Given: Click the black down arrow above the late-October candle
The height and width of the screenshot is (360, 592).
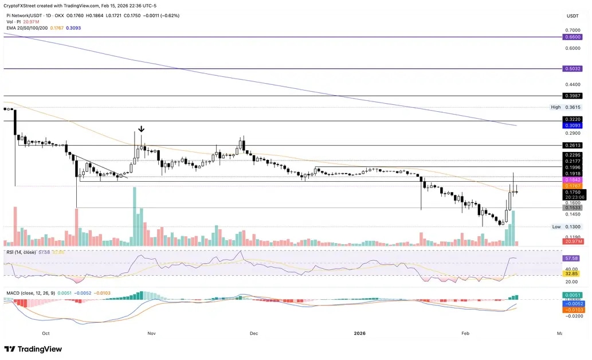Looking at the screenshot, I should tap(141, 129).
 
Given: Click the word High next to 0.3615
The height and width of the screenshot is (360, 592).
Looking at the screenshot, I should tap(555, 107).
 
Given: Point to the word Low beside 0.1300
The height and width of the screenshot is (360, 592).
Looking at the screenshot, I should tap(556, 227).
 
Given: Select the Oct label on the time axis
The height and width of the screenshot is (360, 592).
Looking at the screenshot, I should tap(46, 333).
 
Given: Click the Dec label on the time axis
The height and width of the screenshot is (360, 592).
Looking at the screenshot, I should tap(254, 333).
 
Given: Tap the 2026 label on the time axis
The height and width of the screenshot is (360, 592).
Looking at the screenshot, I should tap(359, 333).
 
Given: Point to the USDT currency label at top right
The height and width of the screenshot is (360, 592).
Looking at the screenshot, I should tap(573, 15).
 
